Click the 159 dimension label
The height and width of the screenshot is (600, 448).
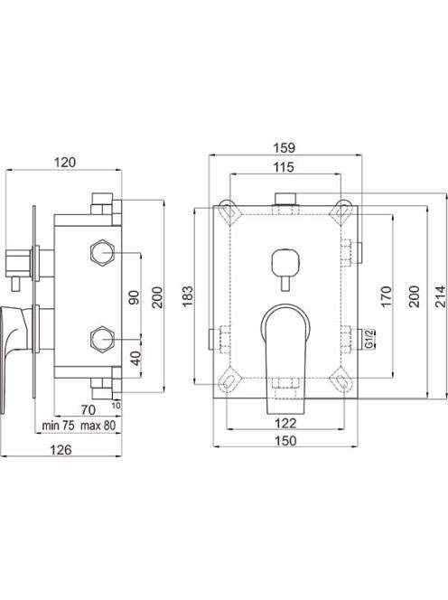[x=285, y=147]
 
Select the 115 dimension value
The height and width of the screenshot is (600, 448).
[x=284, y=167]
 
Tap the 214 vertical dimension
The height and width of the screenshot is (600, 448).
[x=441, y=296]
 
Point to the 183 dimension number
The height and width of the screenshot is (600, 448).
[x=188, y=295]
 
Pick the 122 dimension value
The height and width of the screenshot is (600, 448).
[x=285, y=423]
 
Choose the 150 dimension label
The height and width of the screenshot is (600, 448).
[x=285, y=441]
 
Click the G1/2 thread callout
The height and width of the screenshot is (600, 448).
[x=369, y=339]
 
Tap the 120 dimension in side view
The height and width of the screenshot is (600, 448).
[x=65, y=163]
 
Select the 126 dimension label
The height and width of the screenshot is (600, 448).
[x=61, y=450]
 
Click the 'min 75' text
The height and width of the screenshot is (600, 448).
[x=58, y=426]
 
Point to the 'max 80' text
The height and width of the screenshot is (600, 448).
[x=98, y=426]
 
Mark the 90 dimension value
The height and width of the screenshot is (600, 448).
[x=135, y=297]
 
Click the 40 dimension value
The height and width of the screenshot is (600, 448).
[x=135, y=358]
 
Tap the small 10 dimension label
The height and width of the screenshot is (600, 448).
[x=117, y=405]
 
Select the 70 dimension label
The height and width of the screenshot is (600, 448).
[x=89, y=410]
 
